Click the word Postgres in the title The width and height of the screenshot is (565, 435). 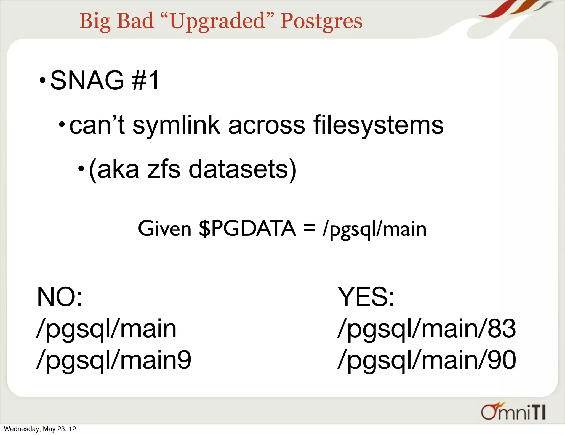pos(321,21)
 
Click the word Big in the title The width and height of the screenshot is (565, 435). pos(95,21)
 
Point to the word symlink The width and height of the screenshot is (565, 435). pos(177,126)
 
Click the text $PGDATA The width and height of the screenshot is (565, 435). pos(247,229)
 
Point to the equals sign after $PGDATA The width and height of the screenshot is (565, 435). pos(309,229)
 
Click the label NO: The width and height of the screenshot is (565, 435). pos(60,297)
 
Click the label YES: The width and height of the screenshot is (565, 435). pos(366,297)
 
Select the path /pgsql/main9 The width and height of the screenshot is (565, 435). pos(114,360)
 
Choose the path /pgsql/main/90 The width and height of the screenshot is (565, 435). pos(427,360)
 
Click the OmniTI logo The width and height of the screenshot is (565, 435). pos(513,412)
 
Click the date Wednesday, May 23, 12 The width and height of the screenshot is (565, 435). pos(40,429)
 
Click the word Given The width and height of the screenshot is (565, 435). pos(164,229)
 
